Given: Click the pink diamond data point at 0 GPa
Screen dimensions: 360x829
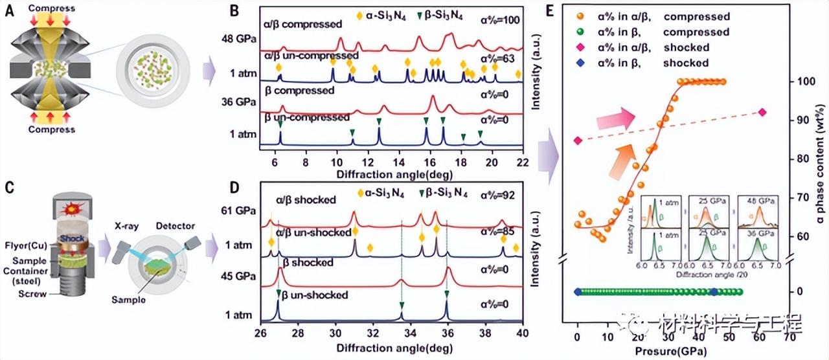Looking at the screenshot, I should pyautogui.click(x=578, y=140).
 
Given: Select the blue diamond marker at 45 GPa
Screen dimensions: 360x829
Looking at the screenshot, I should pyautogui.click(x=714, y=292).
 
